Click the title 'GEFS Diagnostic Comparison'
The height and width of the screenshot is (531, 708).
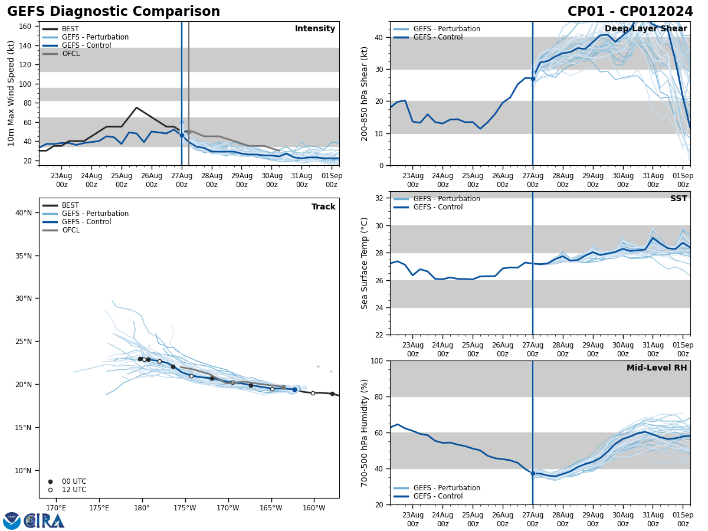coord(113,12)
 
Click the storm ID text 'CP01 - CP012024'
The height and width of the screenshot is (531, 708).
coord(630,12)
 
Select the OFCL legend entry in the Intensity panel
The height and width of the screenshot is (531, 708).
coord(70,54)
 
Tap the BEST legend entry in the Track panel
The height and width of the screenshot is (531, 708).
coord(70,205)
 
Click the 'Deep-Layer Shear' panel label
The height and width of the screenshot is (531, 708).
coord(645,29)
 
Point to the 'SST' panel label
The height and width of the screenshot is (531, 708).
coord(678,199)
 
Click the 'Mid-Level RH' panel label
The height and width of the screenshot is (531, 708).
coord(657,368)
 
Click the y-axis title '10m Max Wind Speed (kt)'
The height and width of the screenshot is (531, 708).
coord(11,93)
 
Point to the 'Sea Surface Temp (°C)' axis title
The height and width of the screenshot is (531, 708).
coord(365,263)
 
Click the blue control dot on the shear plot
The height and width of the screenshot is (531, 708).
coord(533,78)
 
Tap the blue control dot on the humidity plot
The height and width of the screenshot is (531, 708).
coord(533,473)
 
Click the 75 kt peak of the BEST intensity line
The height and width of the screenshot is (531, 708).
coord(136,107)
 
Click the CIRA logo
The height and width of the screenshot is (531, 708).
coord(34,520)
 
